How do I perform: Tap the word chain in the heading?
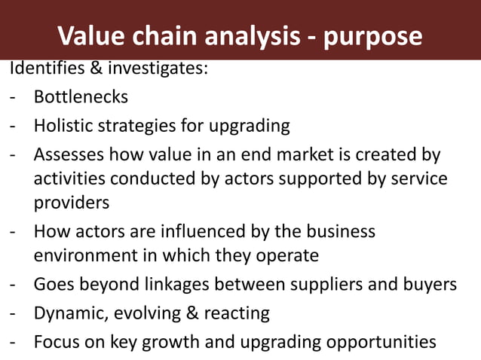click(x=159, y=35)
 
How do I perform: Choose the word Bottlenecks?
click(x=81, y=97)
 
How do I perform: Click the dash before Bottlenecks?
click(x=13, y=98)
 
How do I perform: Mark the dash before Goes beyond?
click(x=13, y=285)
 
